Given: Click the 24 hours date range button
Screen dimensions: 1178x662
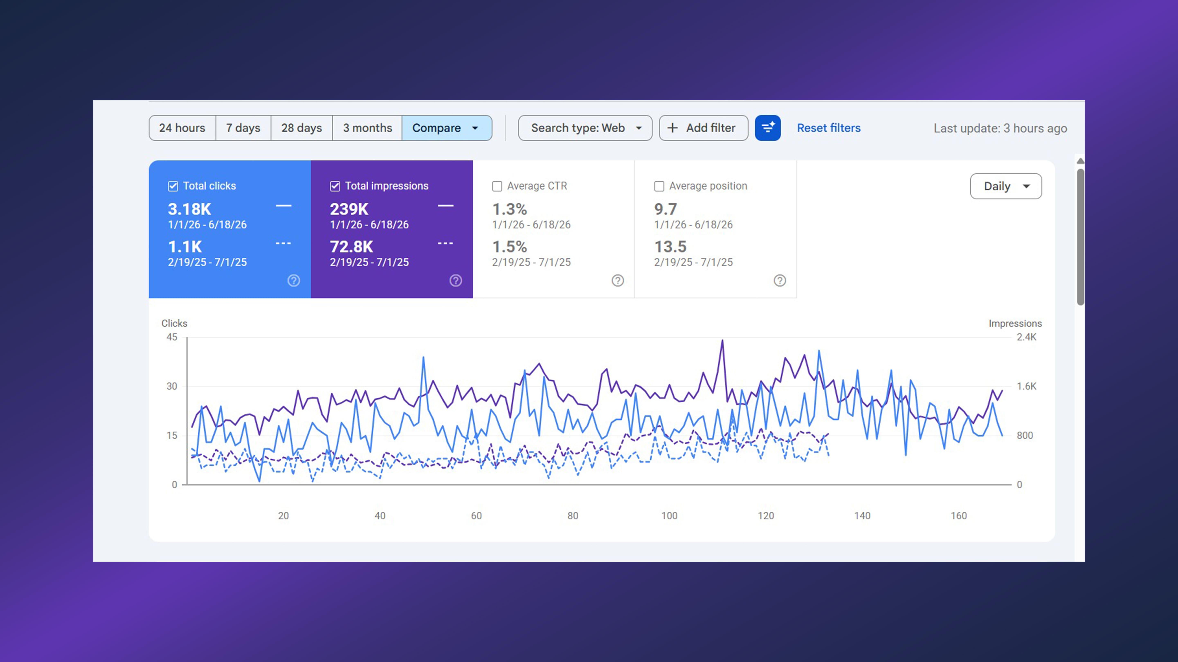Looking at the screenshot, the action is coord(182,128).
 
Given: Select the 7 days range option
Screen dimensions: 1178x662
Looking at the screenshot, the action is coord(243,128).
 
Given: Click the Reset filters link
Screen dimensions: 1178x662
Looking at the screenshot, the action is coord(829,128).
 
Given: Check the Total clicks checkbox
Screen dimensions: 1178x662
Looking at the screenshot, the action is coord(173,186).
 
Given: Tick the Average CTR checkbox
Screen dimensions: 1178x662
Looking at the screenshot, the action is coord(497,186).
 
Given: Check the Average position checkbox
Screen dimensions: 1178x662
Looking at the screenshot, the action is coord(659,186).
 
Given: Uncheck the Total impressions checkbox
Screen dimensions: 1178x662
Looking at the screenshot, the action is coord(335,186).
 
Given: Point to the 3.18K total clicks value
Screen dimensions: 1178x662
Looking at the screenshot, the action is coord(189,209).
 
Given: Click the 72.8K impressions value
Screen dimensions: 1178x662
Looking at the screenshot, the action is coord(351,247).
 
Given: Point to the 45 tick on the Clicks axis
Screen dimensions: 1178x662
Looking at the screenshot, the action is coord(172,337).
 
